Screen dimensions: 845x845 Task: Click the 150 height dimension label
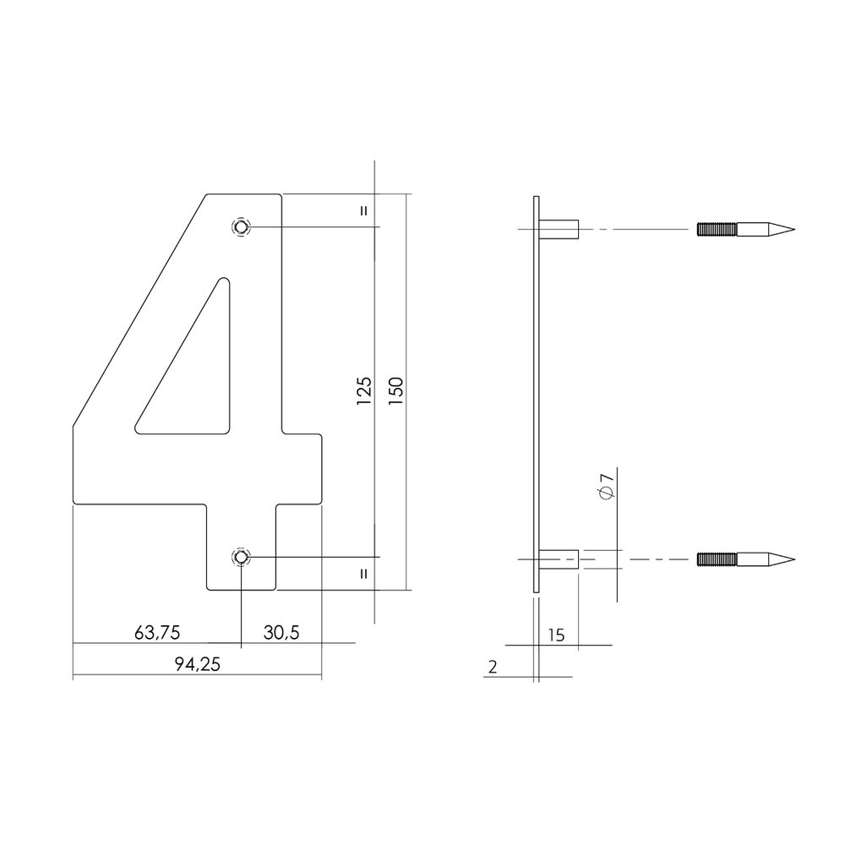pos(395,392)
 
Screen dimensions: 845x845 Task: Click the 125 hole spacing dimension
pos(364,392)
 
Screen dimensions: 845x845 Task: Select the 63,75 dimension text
pos(157,633)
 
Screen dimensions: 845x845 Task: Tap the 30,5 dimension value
pos(281,633)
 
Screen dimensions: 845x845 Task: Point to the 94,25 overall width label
pos(197,664)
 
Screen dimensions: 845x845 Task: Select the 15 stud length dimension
pos(556,636)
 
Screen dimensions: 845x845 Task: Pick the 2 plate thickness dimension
pos(493,668)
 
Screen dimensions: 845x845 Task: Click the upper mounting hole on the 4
pos(241,226)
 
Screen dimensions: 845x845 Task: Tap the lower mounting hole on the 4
pos(241,557)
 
